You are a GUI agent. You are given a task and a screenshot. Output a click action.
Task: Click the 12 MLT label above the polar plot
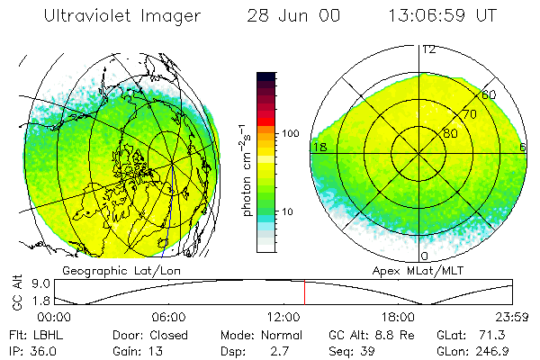pos(429,50)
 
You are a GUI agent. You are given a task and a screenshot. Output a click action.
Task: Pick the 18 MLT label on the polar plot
pos(318,147)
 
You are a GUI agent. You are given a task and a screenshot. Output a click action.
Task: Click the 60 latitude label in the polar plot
pos(489,95)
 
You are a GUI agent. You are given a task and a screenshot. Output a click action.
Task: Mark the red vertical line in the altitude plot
pos(304,292)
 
